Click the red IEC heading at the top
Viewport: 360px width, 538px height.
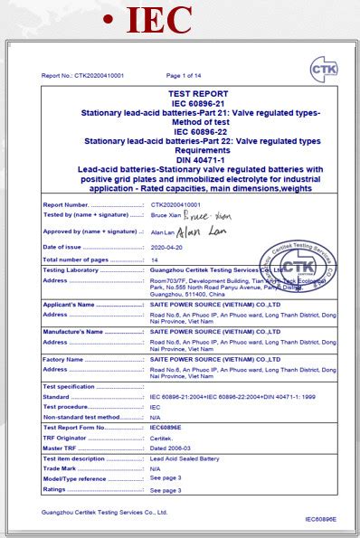point(159,19)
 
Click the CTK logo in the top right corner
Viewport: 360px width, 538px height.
point(322,69)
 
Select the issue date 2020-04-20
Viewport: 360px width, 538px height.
point(166,247)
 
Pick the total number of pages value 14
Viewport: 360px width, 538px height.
point(154,260)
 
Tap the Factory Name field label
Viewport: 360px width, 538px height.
point(63,359)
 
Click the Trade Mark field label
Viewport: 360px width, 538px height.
point(61,468)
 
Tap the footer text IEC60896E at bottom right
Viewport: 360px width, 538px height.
point(319,519)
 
